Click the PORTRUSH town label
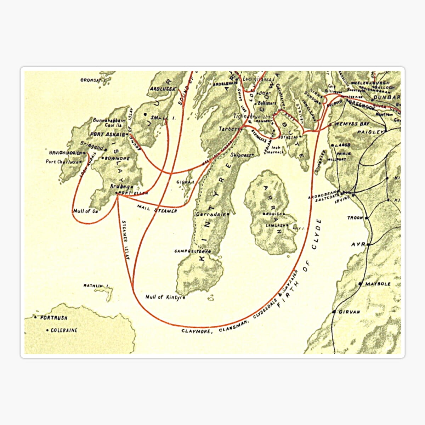point(53,318)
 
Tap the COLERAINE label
point(64,330)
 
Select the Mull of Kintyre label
point(165,297)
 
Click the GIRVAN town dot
point(334,312)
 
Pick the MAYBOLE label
point(378,284)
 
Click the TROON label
point(355,218)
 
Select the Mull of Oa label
point(85,211)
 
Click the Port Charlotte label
point(62,162)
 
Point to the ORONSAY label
point(91,80)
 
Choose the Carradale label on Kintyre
point(211,214)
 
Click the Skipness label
point(241,155)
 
